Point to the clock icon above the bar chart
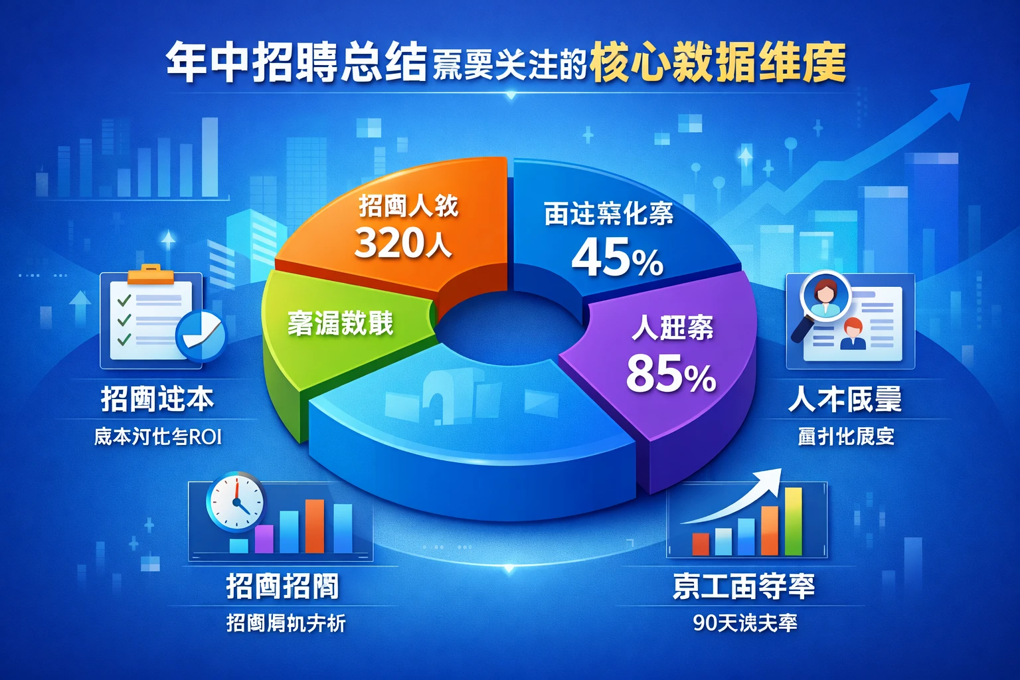(235, 502)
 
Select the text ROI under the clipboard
(205, 437)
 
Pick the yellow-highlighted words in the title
(717, 63)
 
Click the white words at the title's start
(296, 63)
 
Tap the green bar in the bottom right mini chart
(794, 521)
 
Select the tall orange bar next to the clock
(314, 526)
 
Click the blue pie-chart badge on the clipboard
(201, 335)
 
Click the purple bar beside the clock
(264, 539)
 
